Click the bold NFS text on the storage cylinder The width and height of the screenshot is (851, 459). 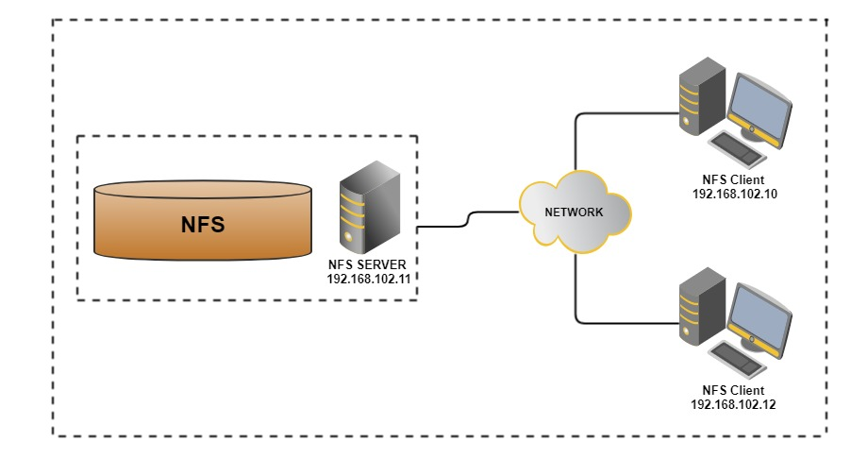tap(203, 225)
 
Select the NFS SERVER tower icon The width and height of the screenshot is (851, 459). tap(370, 207)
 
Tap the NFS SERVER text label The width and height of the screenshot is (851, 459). tap(367, 264)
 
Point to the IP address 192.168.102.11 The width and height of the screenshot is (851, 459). tap(369, 279)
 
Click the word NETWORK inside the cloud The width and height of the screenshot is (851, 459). tap(574, 212)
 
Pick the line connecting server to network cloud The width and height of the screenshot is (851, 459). tap(468, 219)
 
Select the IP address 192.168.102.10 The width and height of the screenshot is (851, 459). tap(734, 194)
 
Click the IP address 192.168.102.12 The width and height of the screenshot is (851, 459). tap(733, 404)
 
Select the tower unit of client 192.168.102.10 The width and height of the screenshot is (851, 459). tap(702, 96)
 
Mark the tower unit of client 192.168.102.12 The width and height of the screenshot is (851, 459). tap(702, 306)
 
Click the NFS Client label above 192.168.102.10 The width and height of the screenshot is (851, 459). tap(733, 179)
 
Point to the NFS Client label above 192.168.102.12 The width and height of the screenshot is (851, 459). tap(733, 391)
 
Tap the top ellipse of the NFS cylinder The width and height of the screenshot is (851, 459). tap(203, 189)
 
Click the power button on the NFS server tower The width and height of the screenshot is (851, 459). tap(348, 237)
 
